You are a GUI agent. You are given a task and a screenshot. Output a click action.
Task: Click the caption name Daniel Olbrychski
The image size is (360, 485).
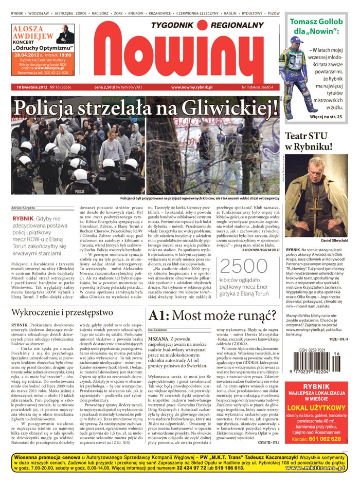[320, 240]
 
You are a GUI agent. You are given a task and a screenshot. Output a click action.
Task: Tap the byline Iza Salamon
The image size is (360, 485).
[158, 329]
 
